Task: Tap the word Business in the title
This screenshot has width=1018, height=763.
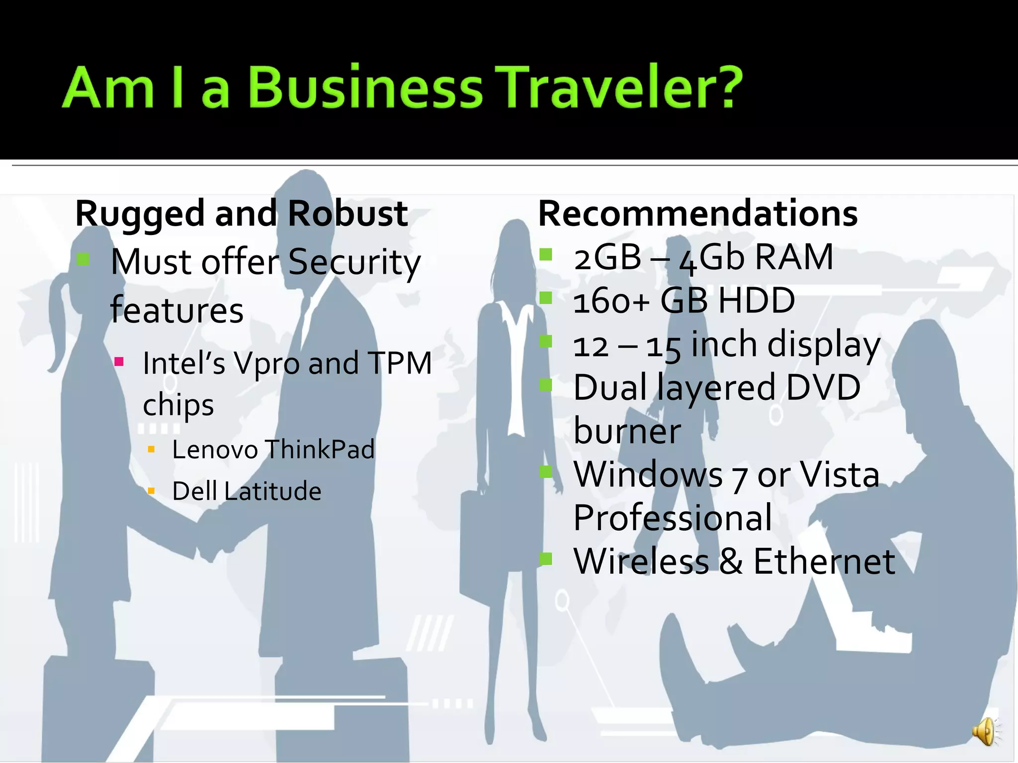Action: [x=365, y=88]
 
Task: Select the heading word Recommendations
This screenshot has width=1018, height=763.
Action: [x=698, y=214]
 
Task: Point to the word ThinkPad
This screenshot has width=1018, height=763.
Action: [x=320, y=450]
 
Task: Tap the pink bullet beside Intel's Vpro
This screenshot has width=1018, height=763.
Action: [x=119, y=361]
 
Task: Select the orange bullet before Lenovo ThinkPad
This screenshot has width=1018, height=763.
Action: [x=152, y=450]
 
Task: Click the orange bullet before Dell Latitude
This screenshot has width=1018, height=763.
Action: [x=152, y=492]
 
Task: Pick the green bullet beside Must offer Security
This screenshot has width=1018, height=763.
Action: [x=83, y=259]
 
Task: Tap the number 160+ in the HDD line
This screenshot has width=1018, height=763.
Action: [x=611, y=301]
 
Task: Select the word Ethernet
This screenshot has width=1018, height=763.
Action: [x=824, y=562]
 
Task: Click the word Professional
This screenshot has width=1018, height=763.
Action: [x=673, y=518]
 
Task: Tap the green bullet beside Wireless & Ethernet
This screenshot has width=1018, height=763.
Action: [x=546, y=559]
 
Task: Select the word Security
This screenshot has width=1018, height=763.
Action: [x=354, y=262]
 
